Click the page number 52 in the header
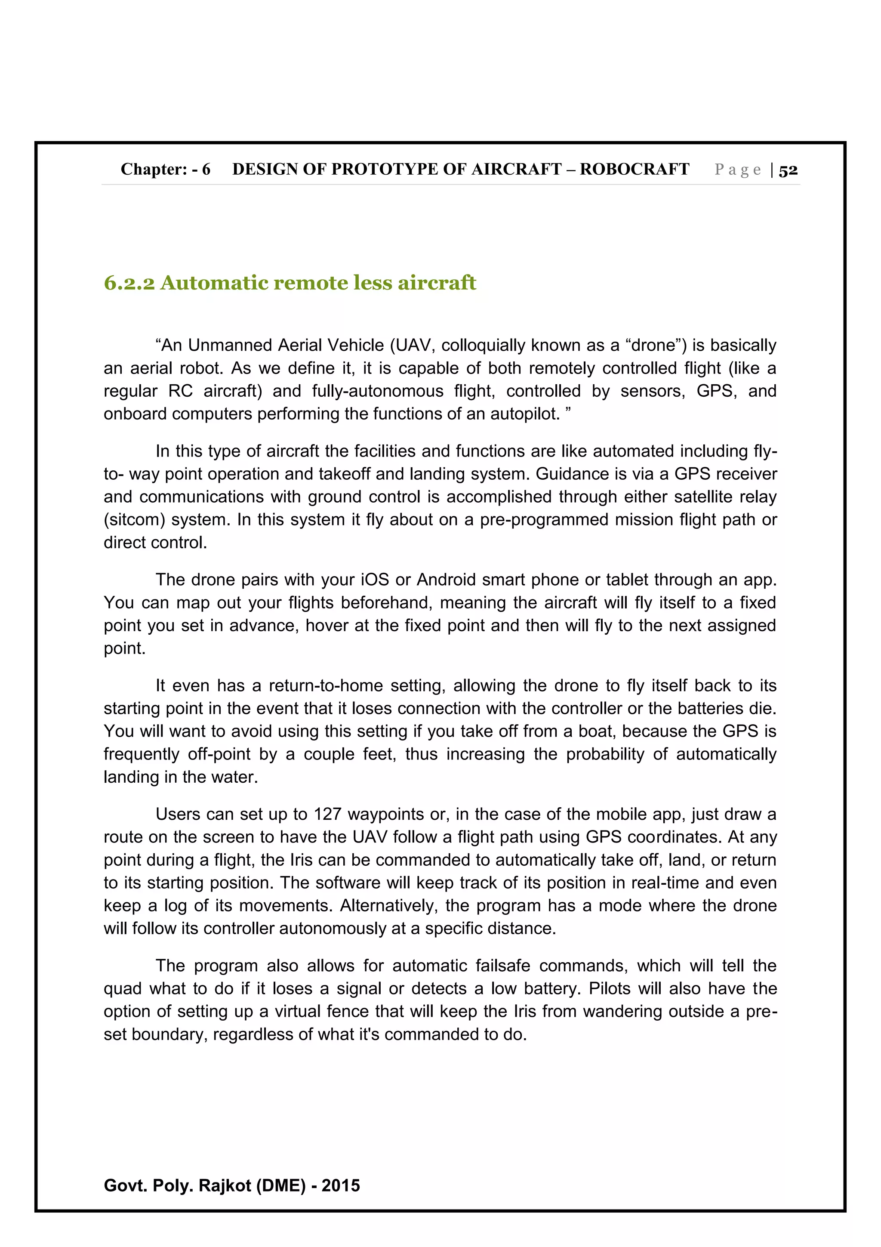click(788, 170)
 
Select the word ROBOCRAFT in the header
click(634, 170)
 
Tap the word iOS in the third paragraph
click(375, 580)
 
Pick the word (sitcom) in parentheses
click(135, 520)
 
